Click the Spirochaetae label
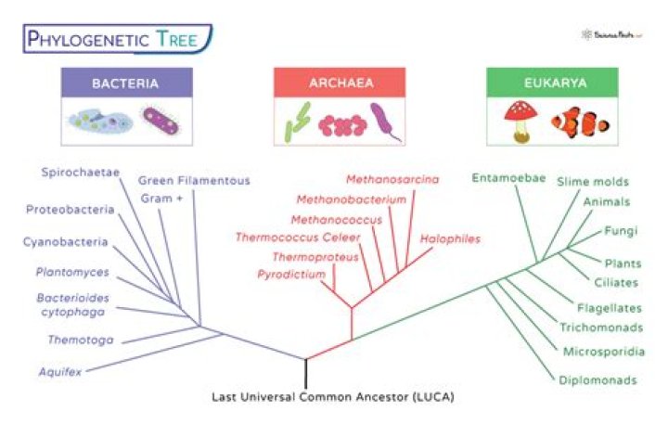coord(79,173)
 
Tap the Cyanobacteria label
coord(65,242)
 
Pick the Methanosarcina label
coord(392,179)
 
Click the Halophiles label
coord(450,238)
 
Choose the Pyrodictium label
coord(291,275)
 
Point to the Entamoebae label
coord(508,178)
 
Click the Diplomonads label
coord(597,379)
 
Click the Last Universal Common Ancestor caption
coord(334,396)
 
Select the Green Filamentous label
coord(194,180)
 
